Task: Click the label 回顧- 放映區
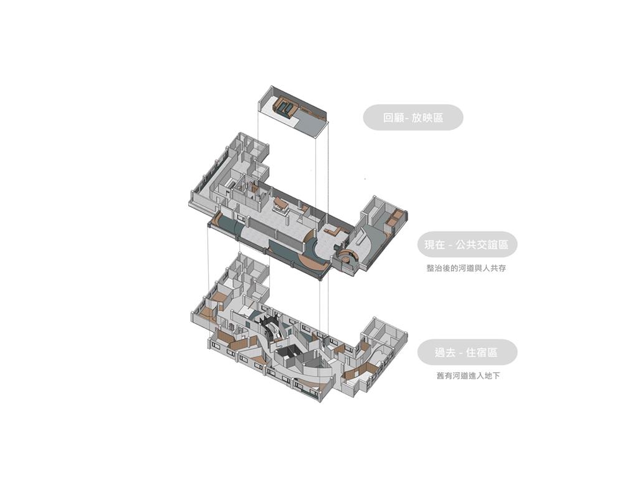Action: pos(413,118)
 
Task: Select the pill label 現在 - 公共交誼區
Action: pos(467,244)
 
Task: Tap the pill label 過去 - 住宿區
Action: pos(467,352)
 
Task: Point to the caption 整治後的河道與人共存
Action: pos(466,268)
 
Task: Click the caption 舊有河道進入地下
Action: pos(468,376)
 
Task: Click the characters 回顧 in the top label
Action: pos(394,118)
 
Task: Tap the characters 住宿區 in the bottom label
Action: pos(482,352)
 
